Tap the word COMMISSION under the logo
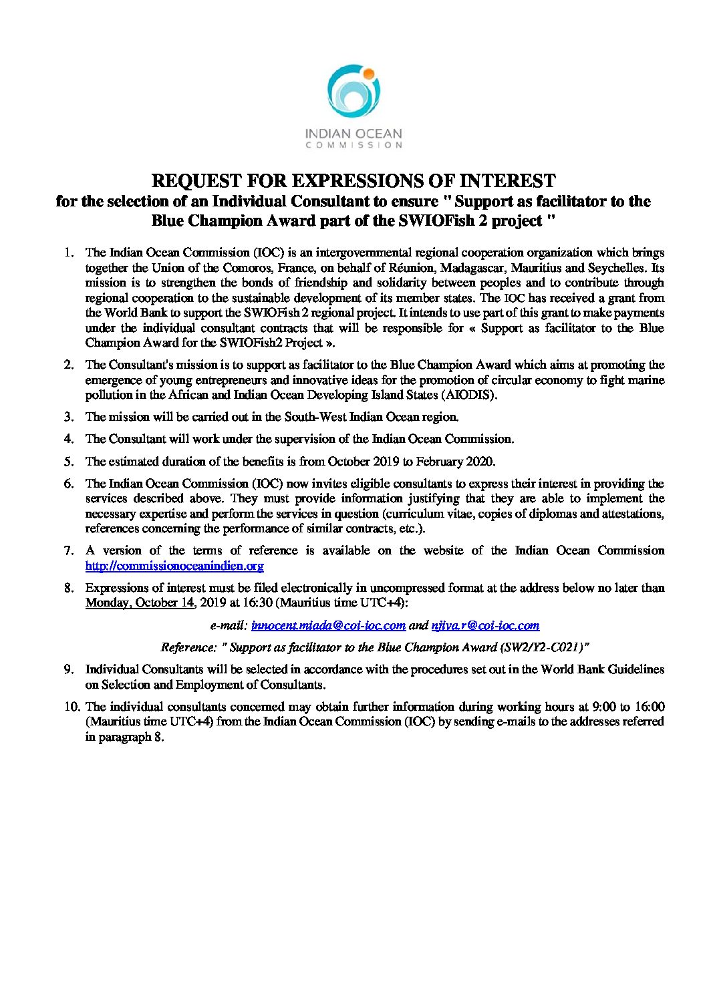point(353,144)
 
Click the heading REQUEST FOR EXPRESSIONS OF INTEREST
point(353,180)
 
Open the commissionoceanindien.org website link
point(174,566)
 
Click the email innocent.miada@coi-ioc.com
point(328,625)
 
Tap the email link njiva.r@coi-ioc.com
point(485,625)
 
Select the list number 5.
point(68,462)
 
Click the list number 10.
point(72,707)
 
